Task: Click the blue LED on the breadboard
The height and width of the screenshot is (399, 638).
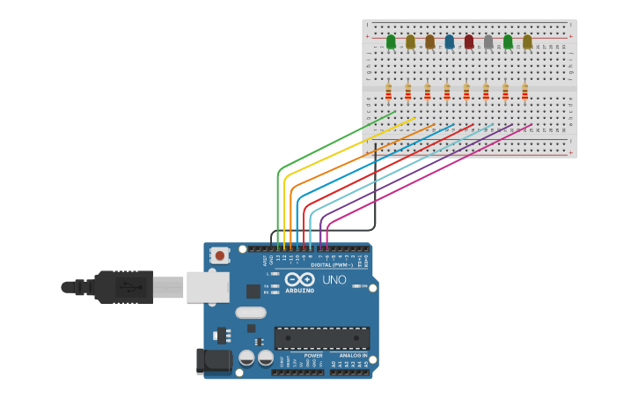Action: click(x=450, y=41)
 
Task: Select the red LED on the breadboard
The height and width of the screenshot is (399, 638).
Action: click(x=469, y=41)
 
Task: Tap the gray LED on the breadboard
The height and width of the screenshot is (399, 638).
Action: click(x=488, y=41)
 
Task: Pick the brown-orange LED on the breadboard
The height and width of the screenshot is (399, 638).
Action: click(x=430, y=41)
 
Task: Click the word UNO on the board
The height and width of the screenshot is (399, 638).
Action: click(x=334, y=280)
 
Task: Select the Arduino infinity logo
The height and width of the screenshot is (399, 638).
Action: click(x=299, y=279)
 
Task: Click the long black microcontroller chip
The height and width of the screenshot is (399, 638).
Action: click(x=322, y=337)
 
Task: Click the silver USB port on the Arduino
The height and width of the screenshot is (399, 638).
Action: click(x=208, y=287)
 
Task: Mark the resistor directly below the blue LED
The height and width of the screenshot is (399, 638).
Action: click(x=447, y=92)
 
